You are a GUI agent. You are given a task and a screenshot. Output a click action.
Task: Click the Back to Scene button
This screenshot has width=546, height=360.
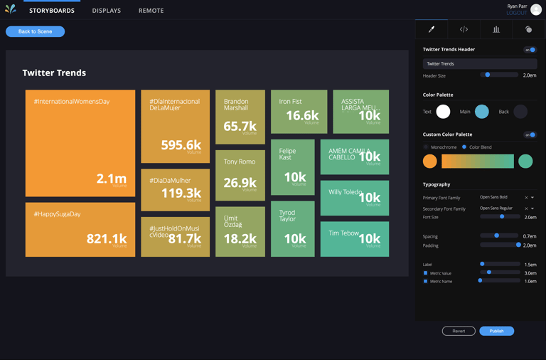tap(35, 31)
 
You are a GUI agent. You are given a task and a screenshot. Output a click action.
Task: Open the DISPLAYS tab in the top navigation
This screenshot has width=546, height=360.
tap(107, 11)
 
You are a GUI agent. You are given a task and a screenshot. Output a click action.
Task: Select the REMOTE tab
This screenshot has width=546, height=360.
tap(151, 11)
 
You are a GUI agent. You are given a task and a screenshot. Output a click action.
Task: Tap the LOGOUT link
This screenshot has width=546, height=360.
tap(516, 13)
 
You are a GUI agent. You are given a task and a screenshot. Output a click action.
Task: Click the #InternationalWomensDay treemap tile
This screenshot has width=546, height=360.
tap(80, 143)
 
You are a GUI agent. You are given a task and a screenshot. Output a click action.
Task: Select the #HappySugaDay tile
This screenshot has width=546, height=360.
tap(80, 229)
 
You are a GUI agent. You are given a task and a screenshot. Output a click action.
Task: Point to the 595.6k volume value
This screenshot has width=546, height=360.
tap(181, 145)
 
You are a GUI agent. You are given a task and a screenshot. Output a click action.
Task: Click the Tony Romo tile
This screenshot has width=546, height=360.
tap(240, 175)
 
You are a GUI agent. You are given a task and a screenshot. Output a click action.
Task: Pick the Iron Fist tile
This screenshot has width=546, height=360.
tap(299, 111)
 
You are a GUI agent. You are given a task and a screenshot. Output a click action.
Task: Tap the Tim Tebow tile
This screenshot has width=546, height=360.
tap(355, 238)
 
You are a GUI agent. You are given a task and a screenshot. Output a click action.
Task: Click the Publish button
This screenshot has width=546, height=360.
tap(496, 331)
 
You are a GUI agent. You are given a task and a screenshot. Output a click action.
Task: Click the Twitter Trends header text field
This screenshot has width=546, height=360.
tap(480, 64)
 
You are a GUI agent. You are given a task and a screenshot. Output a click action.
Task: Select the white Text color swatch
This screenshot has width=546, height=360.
tap(443, 112)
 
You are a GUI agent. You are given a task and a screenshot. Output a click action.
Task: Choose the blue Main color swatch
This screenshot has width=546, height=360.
tap(482, 112)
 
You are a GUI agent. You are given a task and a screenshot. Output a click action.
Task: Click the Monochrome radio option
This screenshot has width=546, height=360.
tap(426, 147)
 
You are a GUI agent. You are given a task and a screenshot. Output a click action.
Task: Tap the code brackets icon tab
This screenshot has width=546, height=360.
tap(464, 29)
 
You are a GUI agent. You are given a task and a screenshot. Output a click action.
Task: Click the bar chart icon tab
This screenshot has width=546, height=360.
tap(496, 29)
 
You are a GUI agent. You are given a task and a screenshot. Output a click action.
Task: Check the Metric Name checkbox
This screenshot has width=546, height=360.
tap(426, 281)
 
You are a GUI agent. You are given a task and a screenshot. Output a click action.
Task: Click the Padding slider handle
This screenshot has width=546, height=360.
tap(518, 245)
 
